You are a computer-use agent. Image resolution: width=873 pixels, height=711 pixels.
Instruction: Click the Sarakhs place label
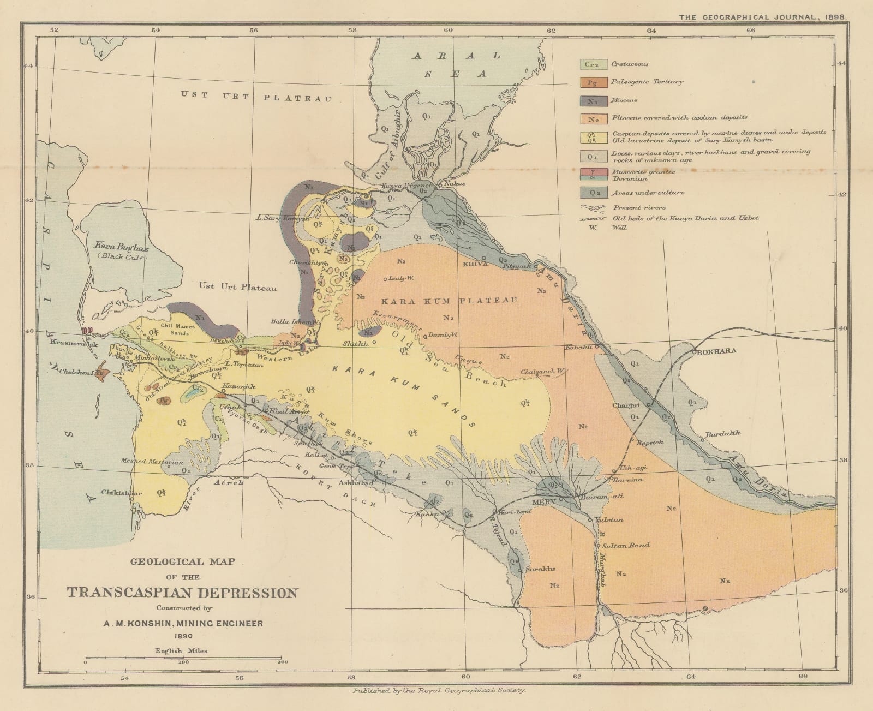pyautogui.click(x=541, y=569)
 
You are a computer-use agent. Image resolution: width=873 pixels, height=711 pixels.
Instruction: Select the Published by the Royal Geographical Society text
pyautogui.click(x=439, y=690)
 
